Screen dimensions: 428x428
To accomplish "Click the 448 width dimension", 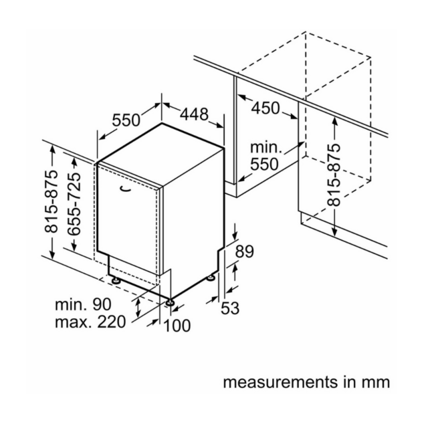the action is click(194, 114).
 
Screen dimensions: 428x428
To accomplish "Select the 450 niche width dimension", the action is click(265, 108).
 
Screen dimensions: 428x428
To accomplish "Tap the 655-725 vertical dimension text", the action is click(74, 203).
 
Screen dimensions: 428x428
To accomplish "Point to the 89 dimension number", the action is click(245, 251).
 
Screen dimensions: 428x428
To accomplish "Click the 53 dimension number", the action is click(230, 308).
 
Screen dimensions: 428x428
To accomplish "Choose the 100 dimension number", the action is click(177, 326).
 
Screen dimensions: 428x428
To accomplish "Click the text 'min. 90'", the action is click(83, 304).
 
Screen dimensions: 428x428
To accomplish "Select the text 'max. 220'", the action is click(90, 322).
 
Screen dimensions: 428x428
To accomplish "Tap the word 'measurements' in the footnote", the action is click(281, 383).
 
